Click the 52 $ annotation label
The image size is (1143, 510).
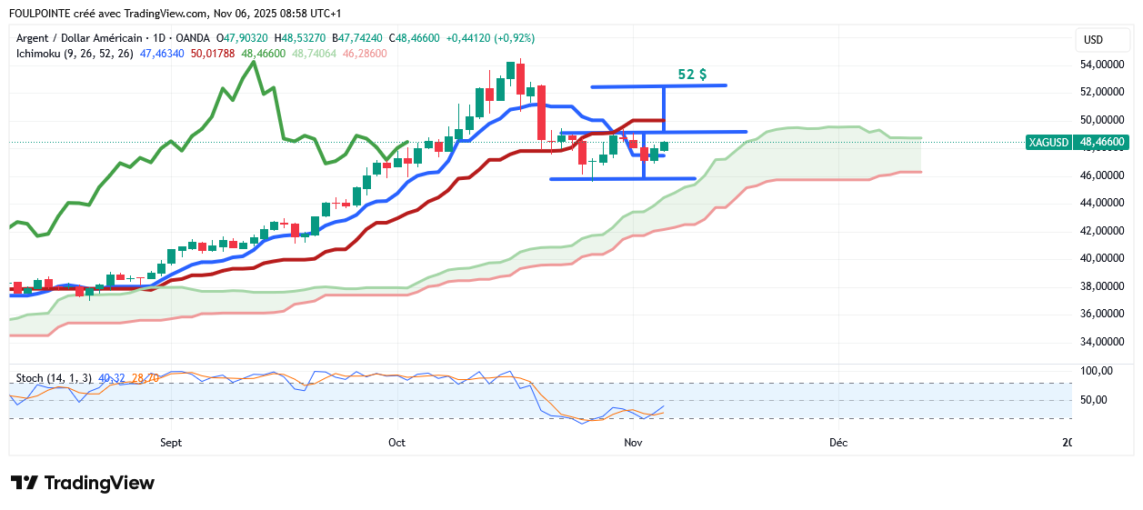[x=692, y=75]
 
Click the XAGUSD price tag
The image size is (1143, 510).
[x=1048, y=143]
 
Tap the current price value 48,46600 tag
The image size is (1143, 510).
[x=1102, y=143]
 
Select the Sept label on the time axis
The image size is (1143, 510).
[x=171, y=443]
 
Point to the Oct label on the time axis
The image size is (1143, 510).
[x=396, y=443]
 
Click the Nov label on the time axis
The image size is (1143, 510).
[x=633, y=443]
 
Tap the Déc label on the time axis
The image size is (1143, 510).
[x=838, y=443]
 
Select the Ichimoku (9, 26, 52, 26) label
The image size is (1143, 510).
[x=75, y=54]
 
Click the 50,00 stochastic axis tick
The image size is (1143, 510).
[x=1094, y=400]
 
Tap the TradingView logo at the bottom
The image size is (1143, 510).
[x=83, y=483]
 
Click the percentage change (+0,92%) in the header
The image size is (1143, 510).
[x=514, y=38]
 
